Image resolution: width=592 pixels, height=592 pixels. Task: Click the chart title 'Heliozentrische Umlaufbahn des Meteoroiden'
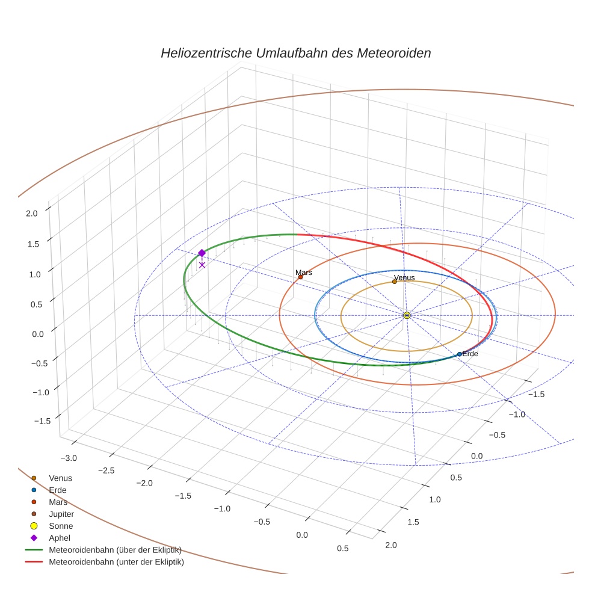tap(295, 53)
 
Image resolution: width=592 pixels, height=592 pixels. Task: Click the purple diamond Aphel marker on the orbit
tap(202, 253)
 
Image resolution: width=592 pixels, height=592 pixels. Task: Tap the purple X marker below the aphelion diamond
tap(202, 265)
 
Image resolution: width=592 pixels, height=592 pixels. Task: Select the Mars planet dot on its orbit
tap(300, 277)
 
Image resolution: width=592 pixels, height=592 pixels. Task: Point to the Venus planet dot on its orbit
tap(395, 282)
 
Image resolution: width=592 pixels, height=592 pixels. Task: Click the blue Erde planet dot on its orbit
tap(460, 354)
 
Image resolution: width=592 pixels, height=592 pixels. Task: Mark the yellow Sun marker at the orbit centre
tap(407, 315)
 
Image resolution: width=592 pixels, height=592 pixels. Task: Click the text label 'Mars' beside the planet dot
tap(304, 273)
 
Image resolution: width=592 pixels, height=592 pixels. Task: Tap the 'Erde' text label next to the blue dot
tap(470, 354)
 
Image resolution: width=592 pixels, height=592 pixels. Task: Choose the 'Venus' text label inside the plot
tap(404, 277)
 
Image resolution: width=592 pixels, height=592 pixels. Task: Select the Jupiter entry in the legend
tap(61, 514)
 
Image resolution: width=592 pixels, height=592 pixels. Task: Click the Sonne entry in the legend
tap(61, 526)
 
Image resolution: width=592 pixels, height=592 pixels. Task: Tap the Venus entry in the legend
tap(60, 478)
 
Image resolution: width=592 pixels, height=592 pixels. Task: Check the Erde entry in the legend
tap(58, 490)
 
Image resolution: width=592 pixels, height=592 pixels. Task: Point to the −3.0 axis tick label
tap(69, 458)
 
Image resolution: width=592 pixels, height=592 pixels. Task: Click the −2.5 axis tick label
tap(106, 470)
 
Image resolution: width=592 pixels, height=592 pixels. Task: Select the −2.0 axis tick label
tap(144, 483)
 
